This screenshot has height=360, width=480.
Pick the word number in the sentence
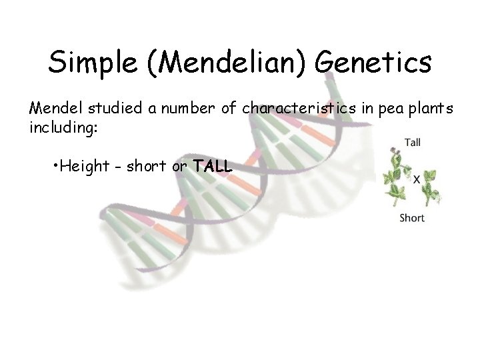click(x=189, y=107)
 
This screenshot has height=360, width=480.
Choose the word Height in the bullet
click(x=81, y=166)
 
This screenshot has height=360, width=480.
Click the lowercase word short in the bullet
click(x=146, y=166)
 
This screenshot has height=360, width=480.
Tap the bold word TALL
click(x=213, y=166)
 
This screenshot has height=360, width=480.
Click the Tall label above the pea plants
click(x=413, y=141)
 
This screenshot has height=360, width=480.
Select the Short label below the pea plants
click(x=411, y=218)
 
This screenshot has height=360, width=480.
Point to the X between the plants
click(x=416, y=179)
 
